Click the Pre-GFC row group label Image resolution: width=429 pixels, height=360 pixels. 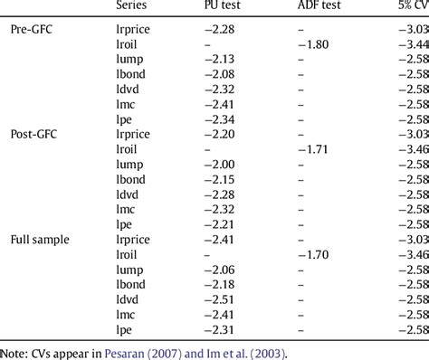(32, 31)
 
